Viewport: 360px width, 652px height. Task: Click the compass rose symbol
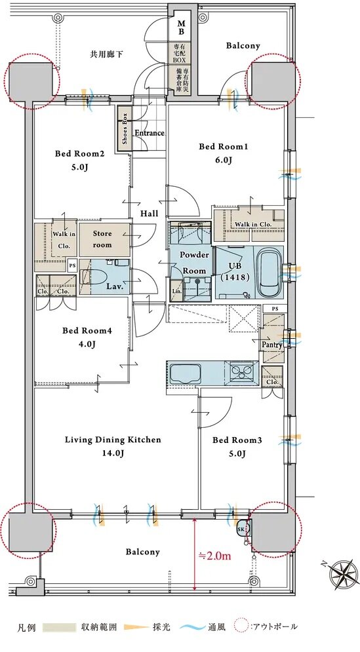[x=344, y=574]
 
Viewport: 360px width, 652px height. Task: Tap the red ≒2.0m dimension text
[x=214, y=556]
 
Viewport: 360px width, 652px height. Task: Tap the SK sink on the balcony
[x=241, y=529]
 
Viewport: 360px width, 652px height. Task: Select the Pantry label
[x=271, y=345]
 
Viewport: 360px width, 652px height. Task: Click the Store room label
[x=102, y=239]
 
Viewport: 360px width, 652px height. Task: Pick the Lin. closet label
[x=176, y=291]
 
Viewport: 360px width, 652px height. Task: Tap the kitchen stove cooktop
[x=241, y=372]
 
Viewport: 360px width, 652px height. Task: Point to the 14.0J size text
[x=113, y=453]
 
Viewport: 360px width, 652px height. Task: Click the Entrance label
[x=150, y=133]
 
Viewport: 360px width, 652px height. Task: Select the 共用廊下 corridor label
[x=106, y=54]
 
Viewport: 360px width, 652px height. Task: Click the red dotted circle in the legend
[x=241, y=626]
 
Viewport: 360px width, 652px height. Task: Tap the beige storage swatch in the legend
[x=54, y=627]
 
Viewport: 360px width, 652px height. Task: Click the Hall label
[x=149, y=214]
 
